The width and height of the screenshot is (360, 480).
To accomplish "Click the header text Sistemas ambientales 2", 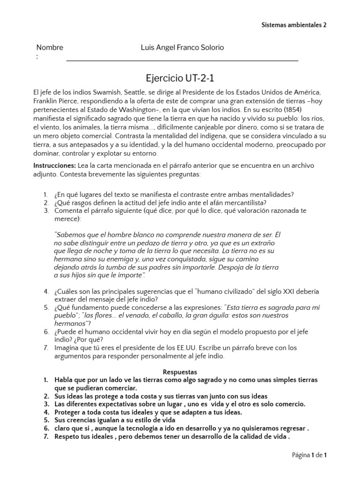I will tap(293, 25).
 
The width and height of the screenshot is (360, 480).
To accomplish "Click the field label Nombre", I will tap(50, 47).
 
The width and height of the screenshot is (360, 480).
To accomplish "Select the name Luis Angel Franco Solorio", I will tap(182, 47).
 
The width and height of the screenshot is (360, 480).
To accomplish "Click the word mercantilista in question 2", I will tap(246, 202).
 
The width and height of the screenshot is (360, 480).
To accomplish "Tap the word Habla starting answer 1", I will tap(64, 380).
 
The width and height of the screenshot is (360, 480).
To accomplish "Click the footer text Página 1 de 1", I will tap(309, 455).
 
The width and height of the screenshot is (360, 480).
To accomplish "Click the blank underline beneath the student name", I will tap(182, 60).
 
